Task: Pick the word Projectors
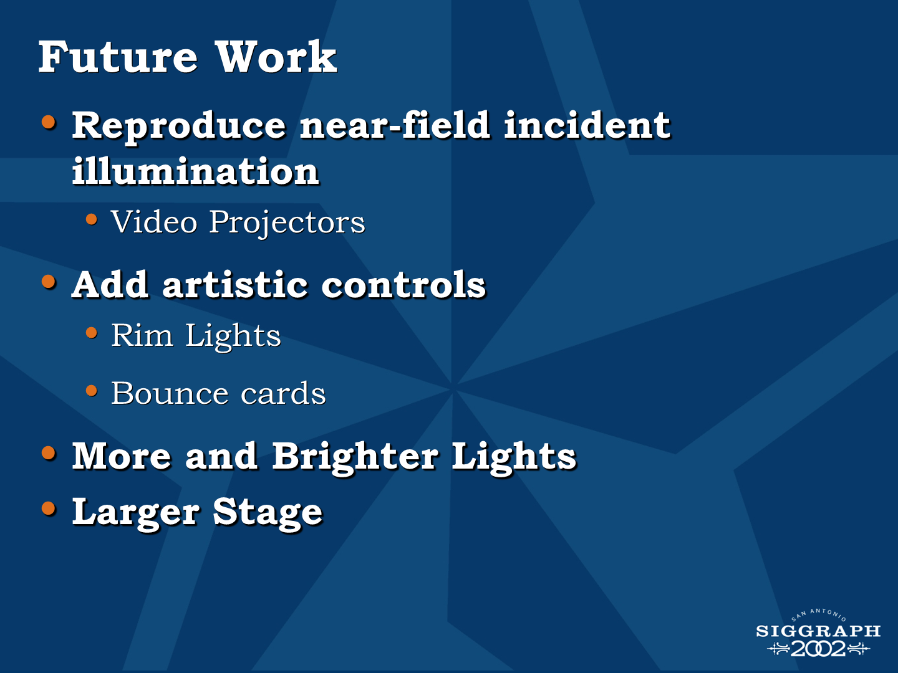pyautogui.click(x=287, y=223)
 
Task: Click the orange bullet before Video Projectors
pyautogui.click(x=92, y=219)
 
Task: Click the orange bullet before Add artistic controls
pyautogui.click(x=49, y=282)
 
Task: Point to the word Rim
pyautogui.click(x=142, y=335)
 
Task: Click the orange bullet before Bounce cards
pyautogui.click(x=92, y=391)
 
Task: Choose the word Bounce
pyautogui.click(x=170, y=393)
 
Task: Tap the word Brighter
pyautogui.click(x=355, y=457)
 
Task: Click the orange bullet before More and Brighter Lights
pyautogui.click(x=49, y=453)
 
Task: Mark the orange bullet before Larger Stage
pyautogui.click(x=49, y=508)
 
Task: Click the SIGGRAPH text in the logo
pyautogui.click(x=818, y=631)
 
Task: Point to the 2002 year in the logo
pyautogui.click(x=818, y=649)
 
